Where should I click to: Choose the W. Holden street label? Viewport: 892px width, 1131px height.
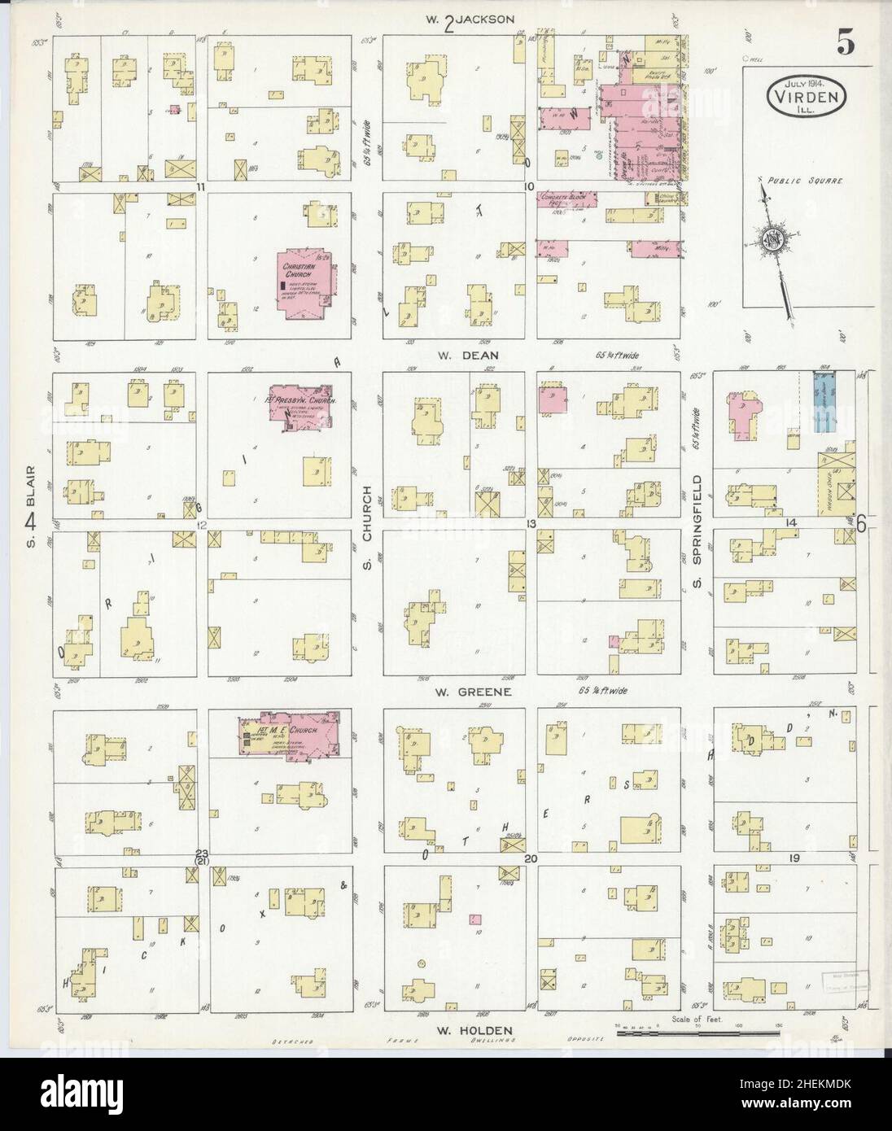click(473, 1029)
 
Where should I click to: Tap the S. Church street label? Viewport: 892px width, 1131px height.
click(368, 516)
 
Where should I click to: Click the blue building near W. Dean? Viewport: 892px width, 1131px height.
click(825, 402)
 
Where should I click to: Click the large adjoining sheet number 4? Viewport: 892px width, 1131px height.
click(30, 522)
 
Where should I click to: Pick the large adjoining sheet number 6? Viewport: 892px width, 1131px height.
click(860, 525)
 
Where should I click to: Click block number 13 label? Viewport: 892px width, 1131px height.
click(530, 523)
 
